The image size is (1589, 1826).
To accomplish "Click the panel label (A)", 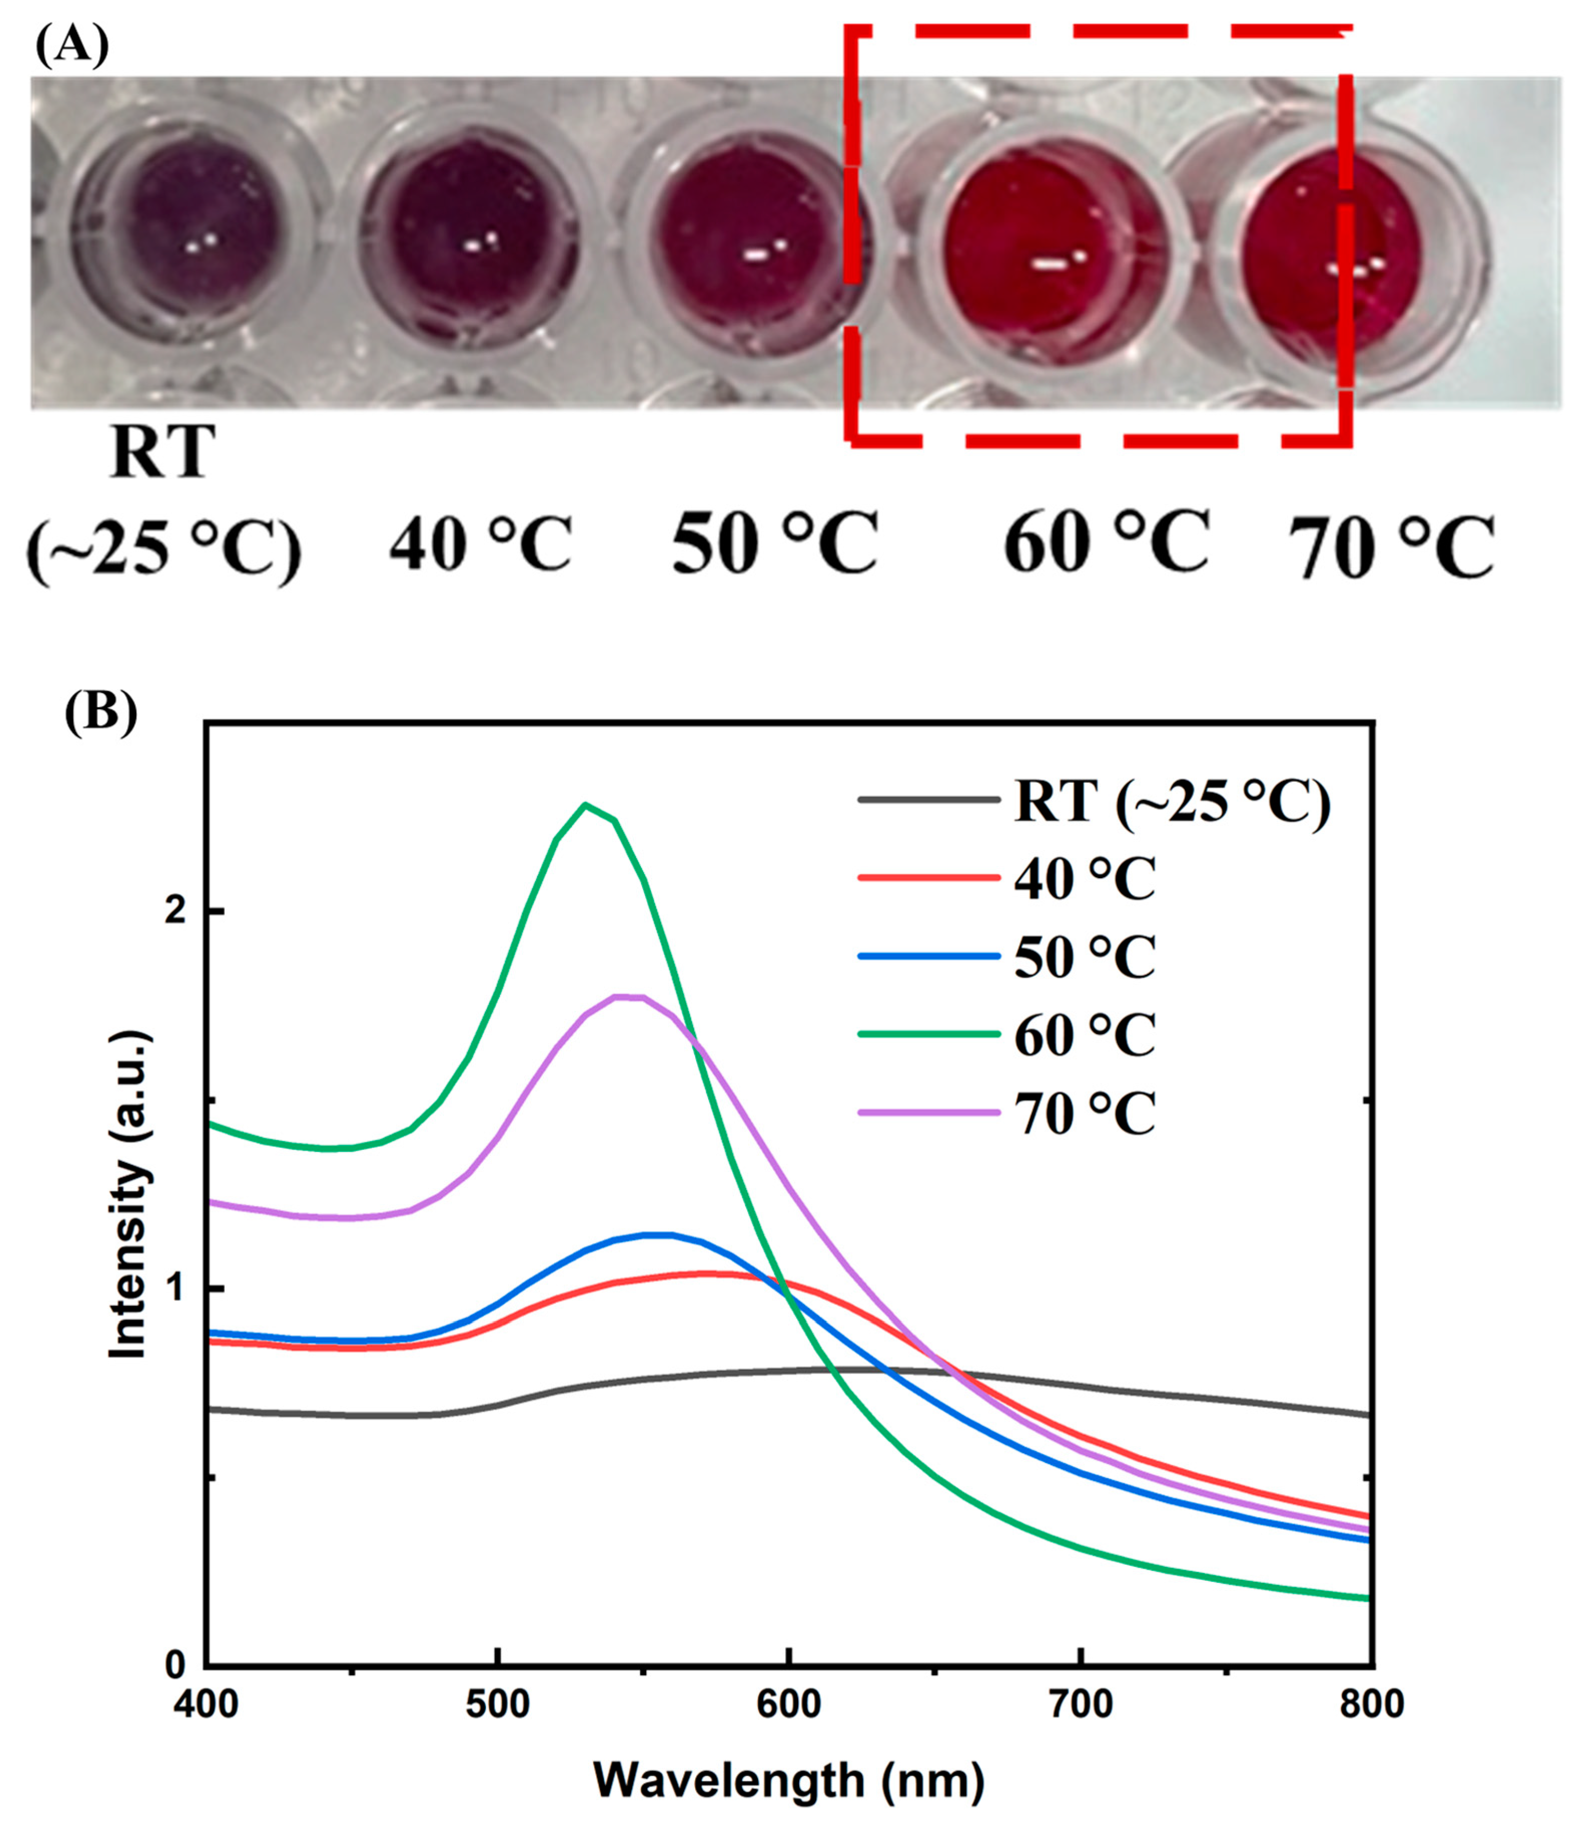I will [x=71, y=45].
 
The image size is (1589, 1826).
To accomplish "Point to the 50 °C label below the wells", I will [x=774, y=542].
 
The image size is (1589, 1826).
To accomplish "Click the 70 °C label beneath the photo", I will [x=1390, y=548].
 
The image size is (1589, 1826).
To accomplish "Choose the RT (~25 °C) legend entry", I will [x=1171, y=801].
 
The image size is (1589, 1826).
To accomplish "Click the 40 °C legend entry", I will [x=1084, y=878].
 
